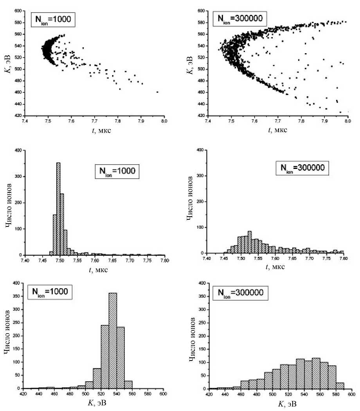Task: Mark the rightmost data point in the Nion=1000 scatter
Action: [157, 92]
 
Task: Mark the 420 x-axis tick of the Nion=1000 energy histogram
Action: [24, 394]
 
